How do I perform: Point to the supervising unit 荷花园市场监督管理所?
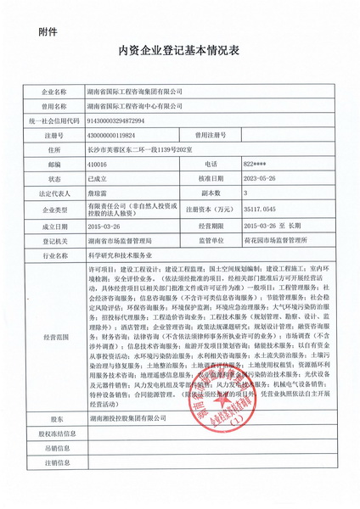click(x=281, y=241)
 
